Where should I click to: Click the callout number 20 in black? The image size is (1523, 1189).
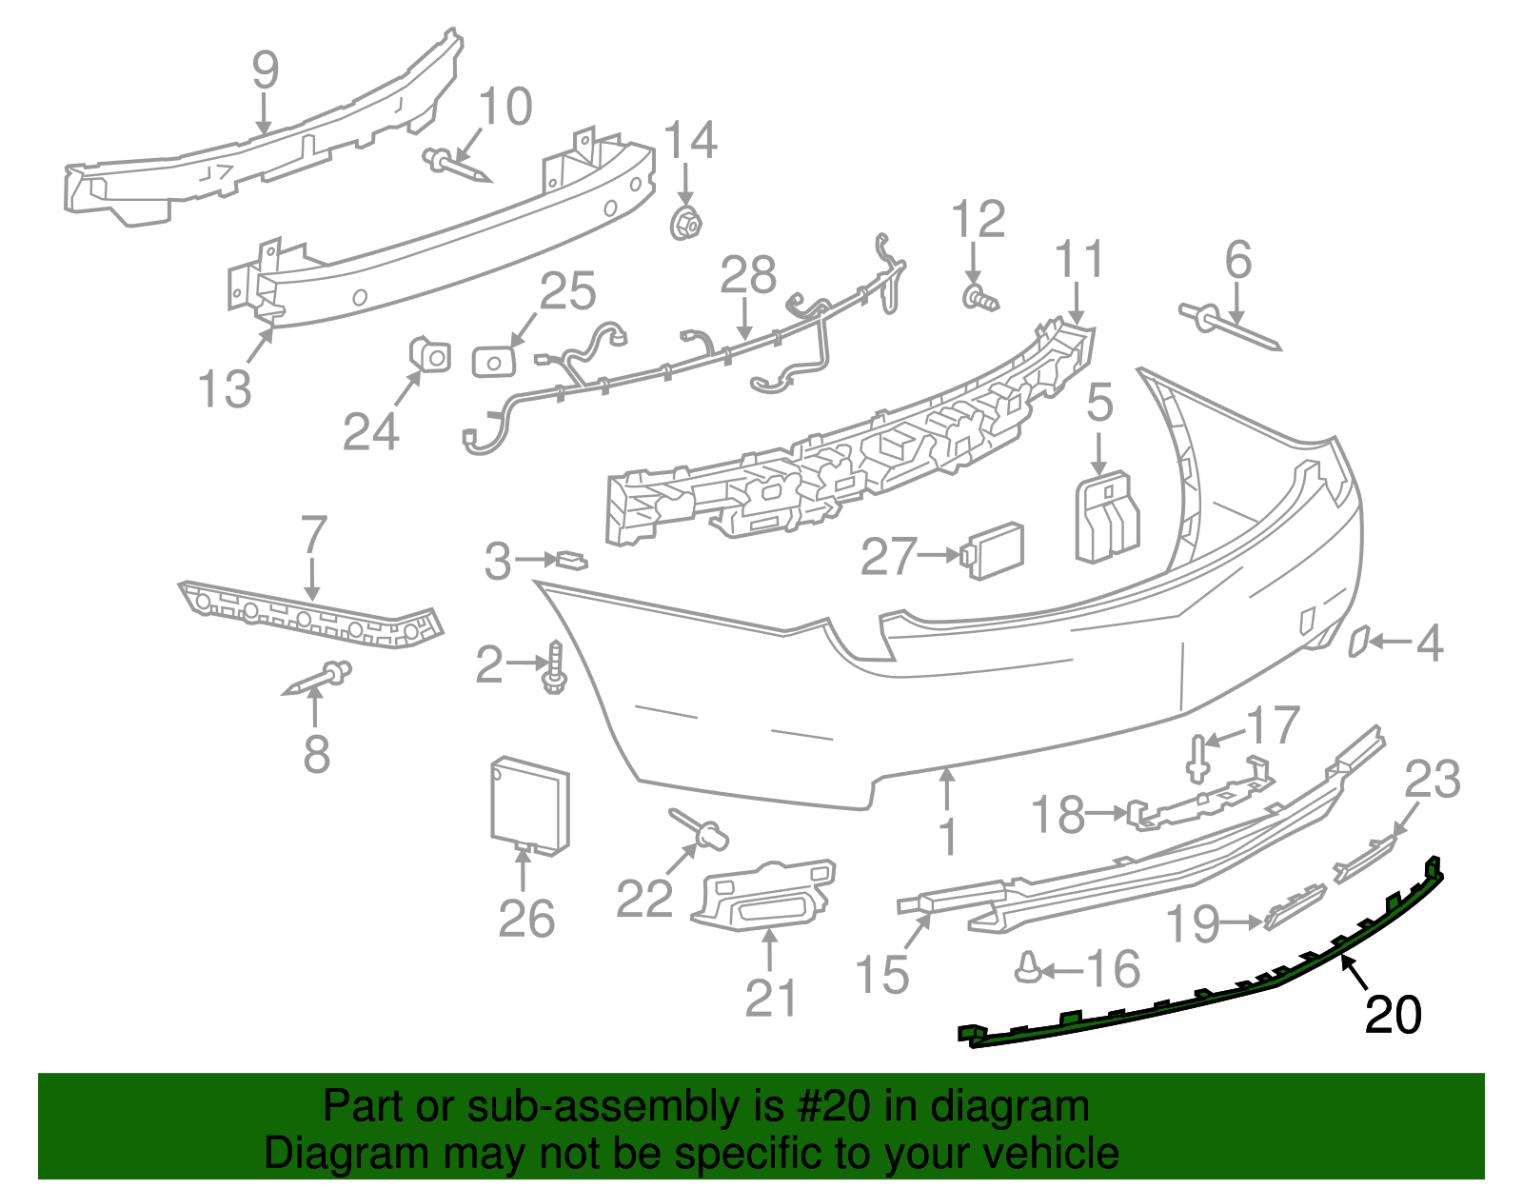pyautogui.click(x=1393, y=1015)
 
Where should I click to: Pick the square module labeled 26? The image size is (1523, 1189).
pyautogui.click(x=529, y=802)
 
